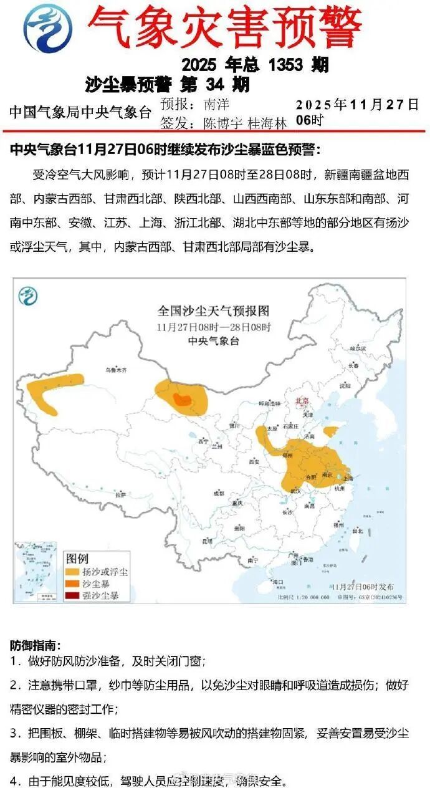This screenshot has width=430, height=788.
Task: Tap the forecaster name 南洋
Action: (216, 104)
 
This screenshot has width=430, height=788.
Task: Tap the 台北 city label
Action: (357, 531)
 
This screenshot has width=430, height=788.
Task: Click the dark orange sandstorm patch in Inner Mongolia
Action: (183, 400)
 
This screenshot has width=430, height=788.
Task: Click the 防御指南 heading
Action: (36, 645)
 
